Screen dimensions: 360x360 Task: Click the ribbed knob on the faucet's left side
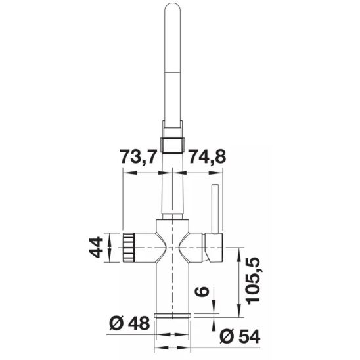tap(129, 248)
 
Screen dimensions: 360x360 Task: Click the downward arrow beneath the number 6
tap(216, 311)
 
